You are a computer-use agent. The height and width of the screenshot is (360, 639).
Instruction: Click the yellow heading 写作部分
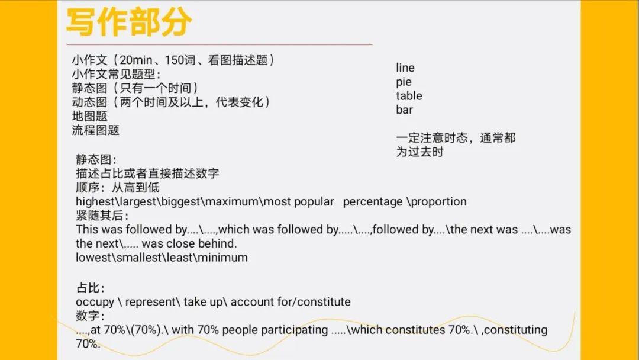tap(128, 22)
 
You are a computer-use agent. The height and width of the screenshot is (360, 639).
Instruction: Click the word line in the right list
tap(405, 67)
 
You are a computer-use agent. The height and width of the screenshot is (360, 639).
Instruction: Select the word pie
tap(404, 82)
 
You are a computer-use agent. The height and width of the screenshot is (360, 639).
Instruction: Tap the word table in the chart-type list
tap(409, 96)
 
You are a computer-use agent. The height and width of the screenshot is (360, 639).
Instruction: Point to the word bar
tap(404, 110)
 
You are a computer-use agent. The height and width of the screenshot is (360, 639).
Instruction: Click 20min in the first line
tap(136, 60)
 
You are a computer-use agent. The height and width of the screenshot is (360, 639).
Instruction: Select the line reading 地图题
tap(90, 116)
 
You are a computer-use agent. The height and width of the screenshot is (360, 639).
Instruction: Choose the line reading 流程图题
tap(96, 130)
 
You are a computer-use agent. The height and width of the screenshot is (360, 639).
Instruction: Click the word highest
tap(95, 202)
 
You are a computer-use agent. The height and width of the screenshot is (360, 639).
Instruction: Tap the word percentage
tap(373, 202)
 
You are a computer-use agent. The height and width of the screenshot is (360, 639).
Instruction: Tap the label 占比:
tap(90, 288)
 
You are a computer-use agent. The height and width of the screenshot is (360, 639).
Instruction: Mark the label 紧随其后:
tap(102, 216)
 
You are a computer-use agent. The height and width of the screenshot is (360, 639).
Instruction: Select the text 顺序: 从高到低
tap(117, 188)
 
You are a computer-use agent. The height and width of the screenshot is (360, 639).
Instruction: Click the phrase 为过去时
tap(419, 152)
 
